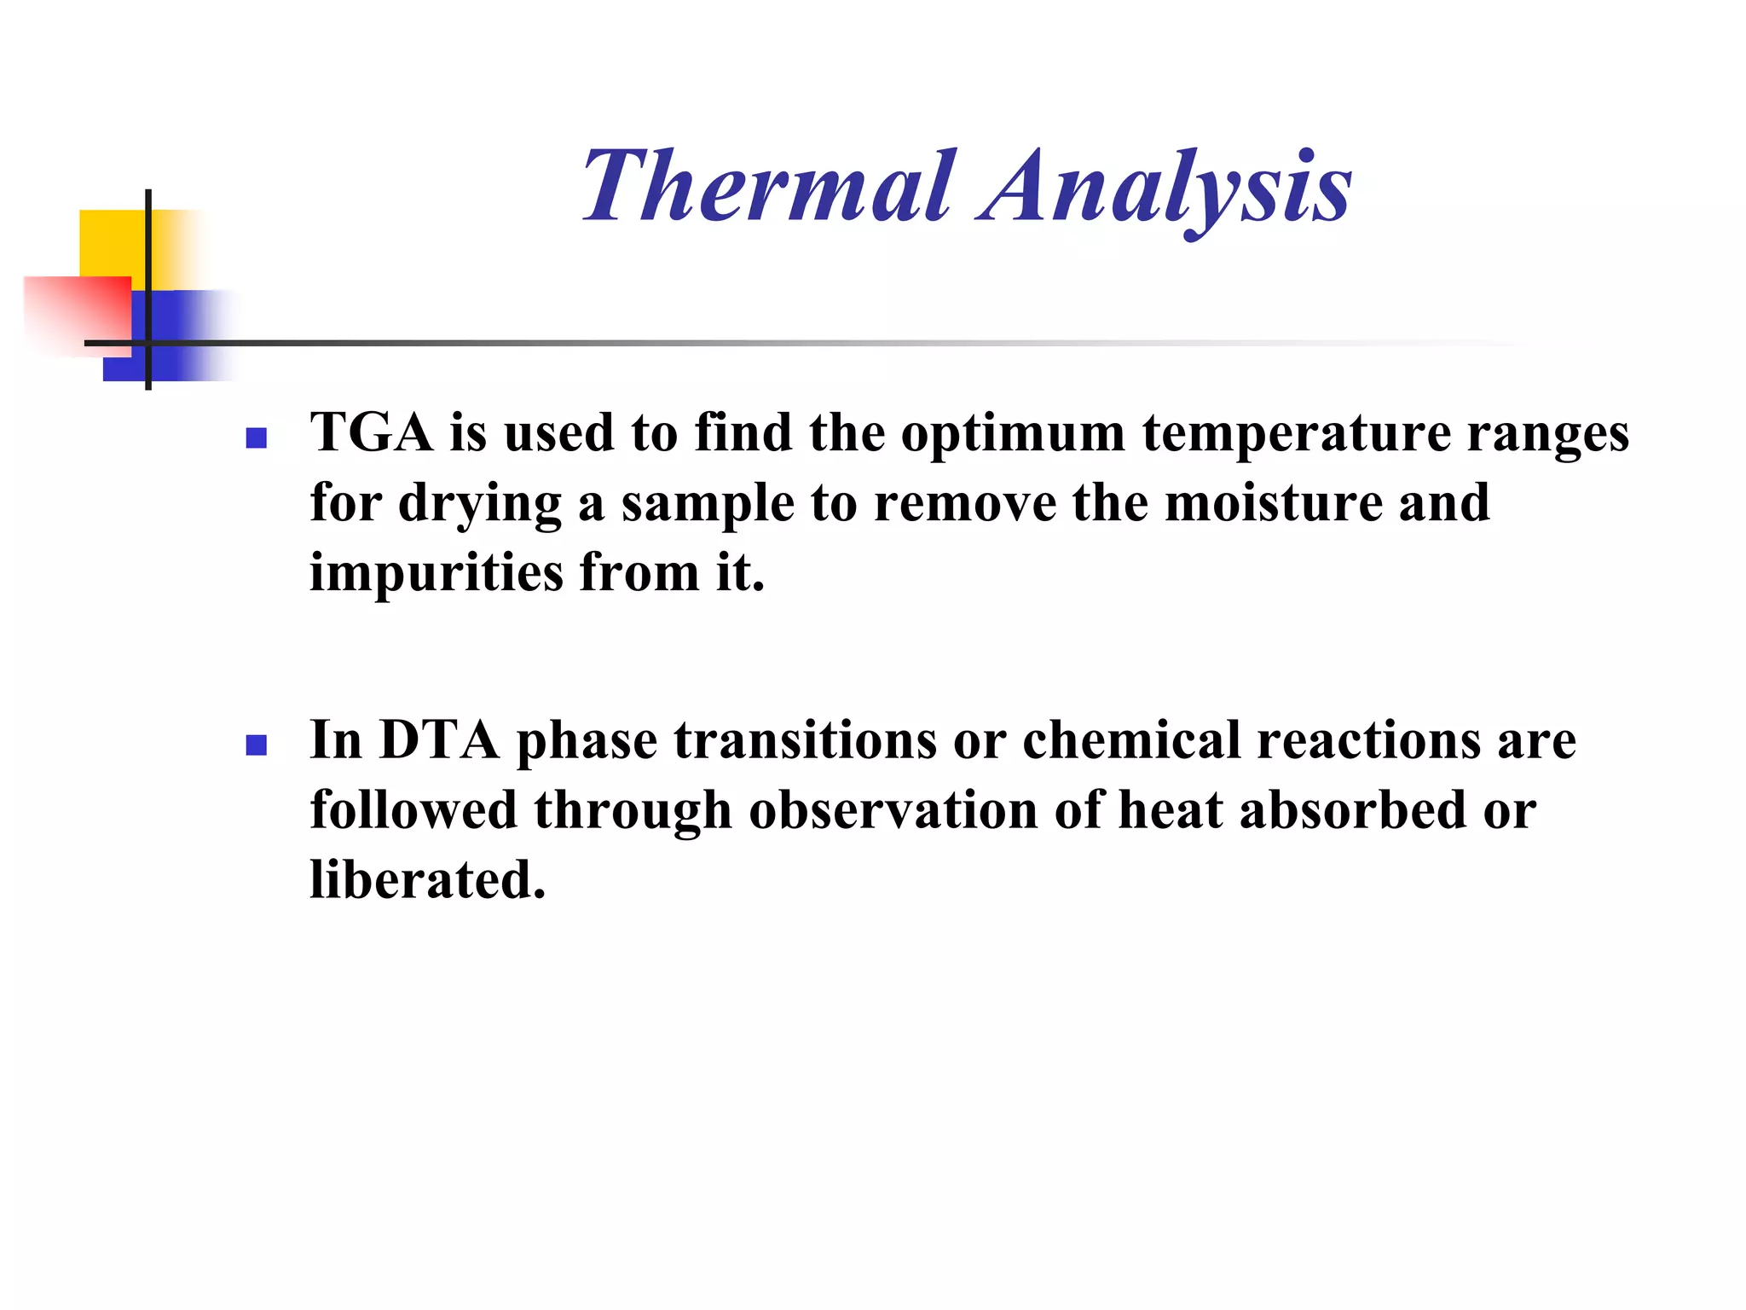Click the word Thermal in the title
pos(767,186)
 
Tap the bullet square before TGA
pos(256,438)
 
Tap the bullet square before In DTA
pos(256,745)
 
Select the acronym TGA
pos(372,432)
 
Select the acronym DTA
pos(439,739)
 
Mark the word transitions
pos(806,740)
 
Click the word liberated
pos(427,880)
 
